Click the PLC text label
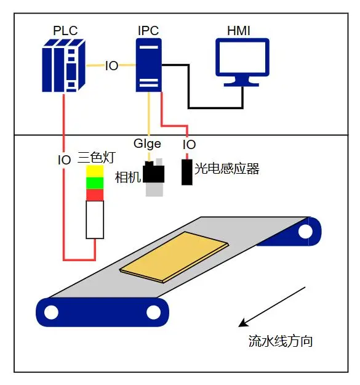click(65, 31)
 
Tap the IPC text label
click(148, 31)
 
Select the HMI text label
click(239, 31)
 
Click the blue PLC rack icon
click(63, 65)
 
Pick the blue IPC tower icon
click(149, 65)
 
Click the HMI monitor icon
click(242, 62)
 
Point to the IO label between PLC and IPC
click(111, 66)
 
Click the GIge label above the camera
click(147, 144)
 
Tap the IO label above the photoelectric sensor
click(189, 145)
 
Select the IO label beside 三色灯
click(64, 160)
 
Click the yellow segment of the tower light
click(95, 171)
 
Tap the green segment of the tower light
click(95, 183)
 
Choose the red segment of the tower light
click(95, 195)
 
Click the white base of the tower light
click(95, 220)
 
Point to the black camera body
click(153, 172)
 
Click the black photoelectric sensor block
click(187, 172)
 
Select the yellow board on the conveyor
click(174, 257)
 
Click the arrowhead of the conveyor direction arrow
click(243, 323)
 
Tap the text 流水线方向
click(280, 341)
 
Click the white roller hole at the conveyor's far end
click(305, 232)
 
